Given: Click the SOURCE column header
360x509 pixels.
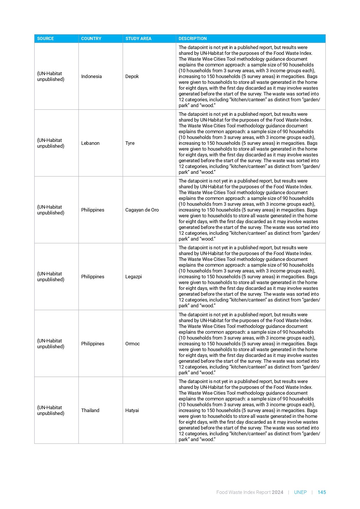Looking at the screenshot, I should (46, 39).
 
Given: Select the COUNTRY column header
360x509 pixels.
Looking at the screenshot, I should (91, 39).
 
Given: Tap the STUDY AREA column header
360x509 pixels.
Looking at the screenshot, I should (138, 39).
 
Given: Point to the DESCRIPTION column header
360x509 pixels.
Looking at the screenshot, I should (193, 39).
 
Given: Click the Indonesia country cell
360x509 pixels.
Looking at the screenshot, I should (91, 76).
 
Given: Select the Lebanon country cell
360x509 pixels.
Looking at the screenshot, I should (90, 143).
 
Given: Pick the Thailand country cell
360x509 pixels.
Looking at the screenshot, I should (90, 410).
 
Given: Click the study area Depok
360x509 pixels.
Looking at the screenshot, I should (132, 76).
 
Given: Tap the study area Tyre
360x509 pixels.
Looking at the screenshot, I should (130, 143).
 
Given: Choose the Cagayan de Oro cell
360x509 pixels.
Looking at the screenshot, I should (142, 210).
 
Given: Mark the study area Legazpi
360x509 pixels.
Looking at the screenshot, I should (133, 277).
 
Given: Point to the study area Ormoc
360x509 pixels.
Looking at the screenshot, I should (133, 344).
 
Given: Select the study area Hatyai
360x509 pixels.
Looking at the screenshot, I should (132, 410).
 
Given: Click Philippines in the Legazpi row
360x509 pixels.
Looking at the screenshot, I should (93, 277).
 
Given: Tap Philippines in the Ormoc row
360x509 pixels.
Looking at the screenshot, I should (93, 344).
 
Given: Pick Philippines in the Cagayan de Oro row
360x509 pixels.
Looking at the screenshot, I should (93, 210).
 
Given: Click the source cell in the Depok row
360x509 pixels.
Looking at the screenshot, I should (51, 76).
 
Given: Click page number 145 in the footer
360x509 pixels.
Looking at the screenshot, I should (322, 492).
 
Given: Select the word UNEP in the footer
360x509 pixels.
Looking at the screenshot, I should (300, 492).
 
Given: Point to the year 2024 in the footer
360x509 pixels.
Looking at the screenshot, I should (278, 492).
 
